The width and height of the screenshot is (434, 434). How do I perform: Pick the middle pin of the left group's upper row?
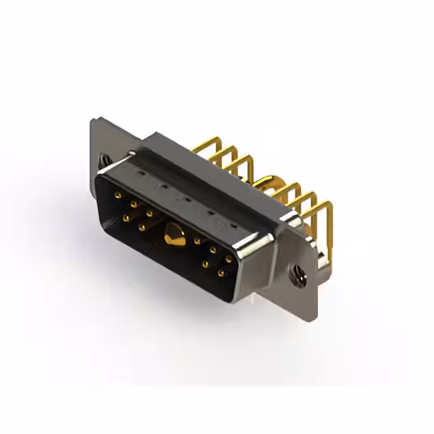click(x=134, y=203)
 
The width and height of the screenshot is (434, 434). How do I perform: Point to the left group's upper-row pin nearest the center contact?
click(x=149, y=212)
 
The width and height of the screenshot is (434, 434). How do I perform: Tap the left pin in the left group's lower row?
click(x=126, y=218)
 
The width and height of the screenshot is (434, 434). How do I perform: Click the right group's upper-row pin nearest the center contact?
click(x=197, y=240)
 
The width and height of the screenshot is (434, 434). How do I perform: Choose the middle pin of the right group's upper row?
click(x=213, y=250)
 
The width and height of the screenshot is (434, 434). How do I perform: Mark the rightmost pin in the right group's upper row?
click(x=229, y=258)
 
